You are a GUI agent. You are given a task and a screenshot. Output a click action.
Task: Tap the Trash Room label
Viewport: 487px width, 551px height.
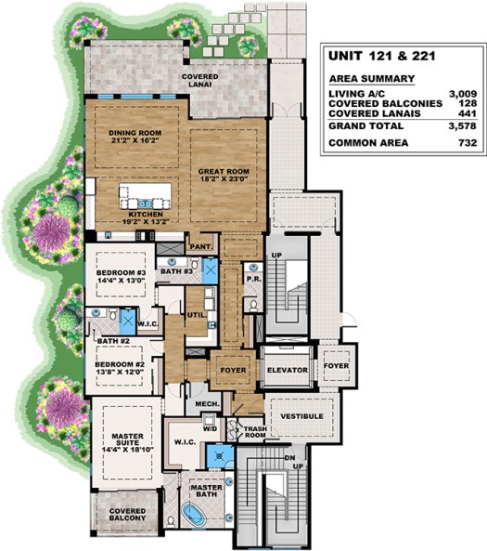(254, 431)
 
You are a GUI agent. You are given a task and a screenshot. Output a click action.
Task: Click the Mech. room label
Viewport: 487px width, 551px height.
(206, 406)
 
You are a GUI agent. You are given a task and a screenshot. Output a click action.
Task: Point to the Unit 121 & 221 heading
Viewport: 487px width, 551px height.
(377, 56)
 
